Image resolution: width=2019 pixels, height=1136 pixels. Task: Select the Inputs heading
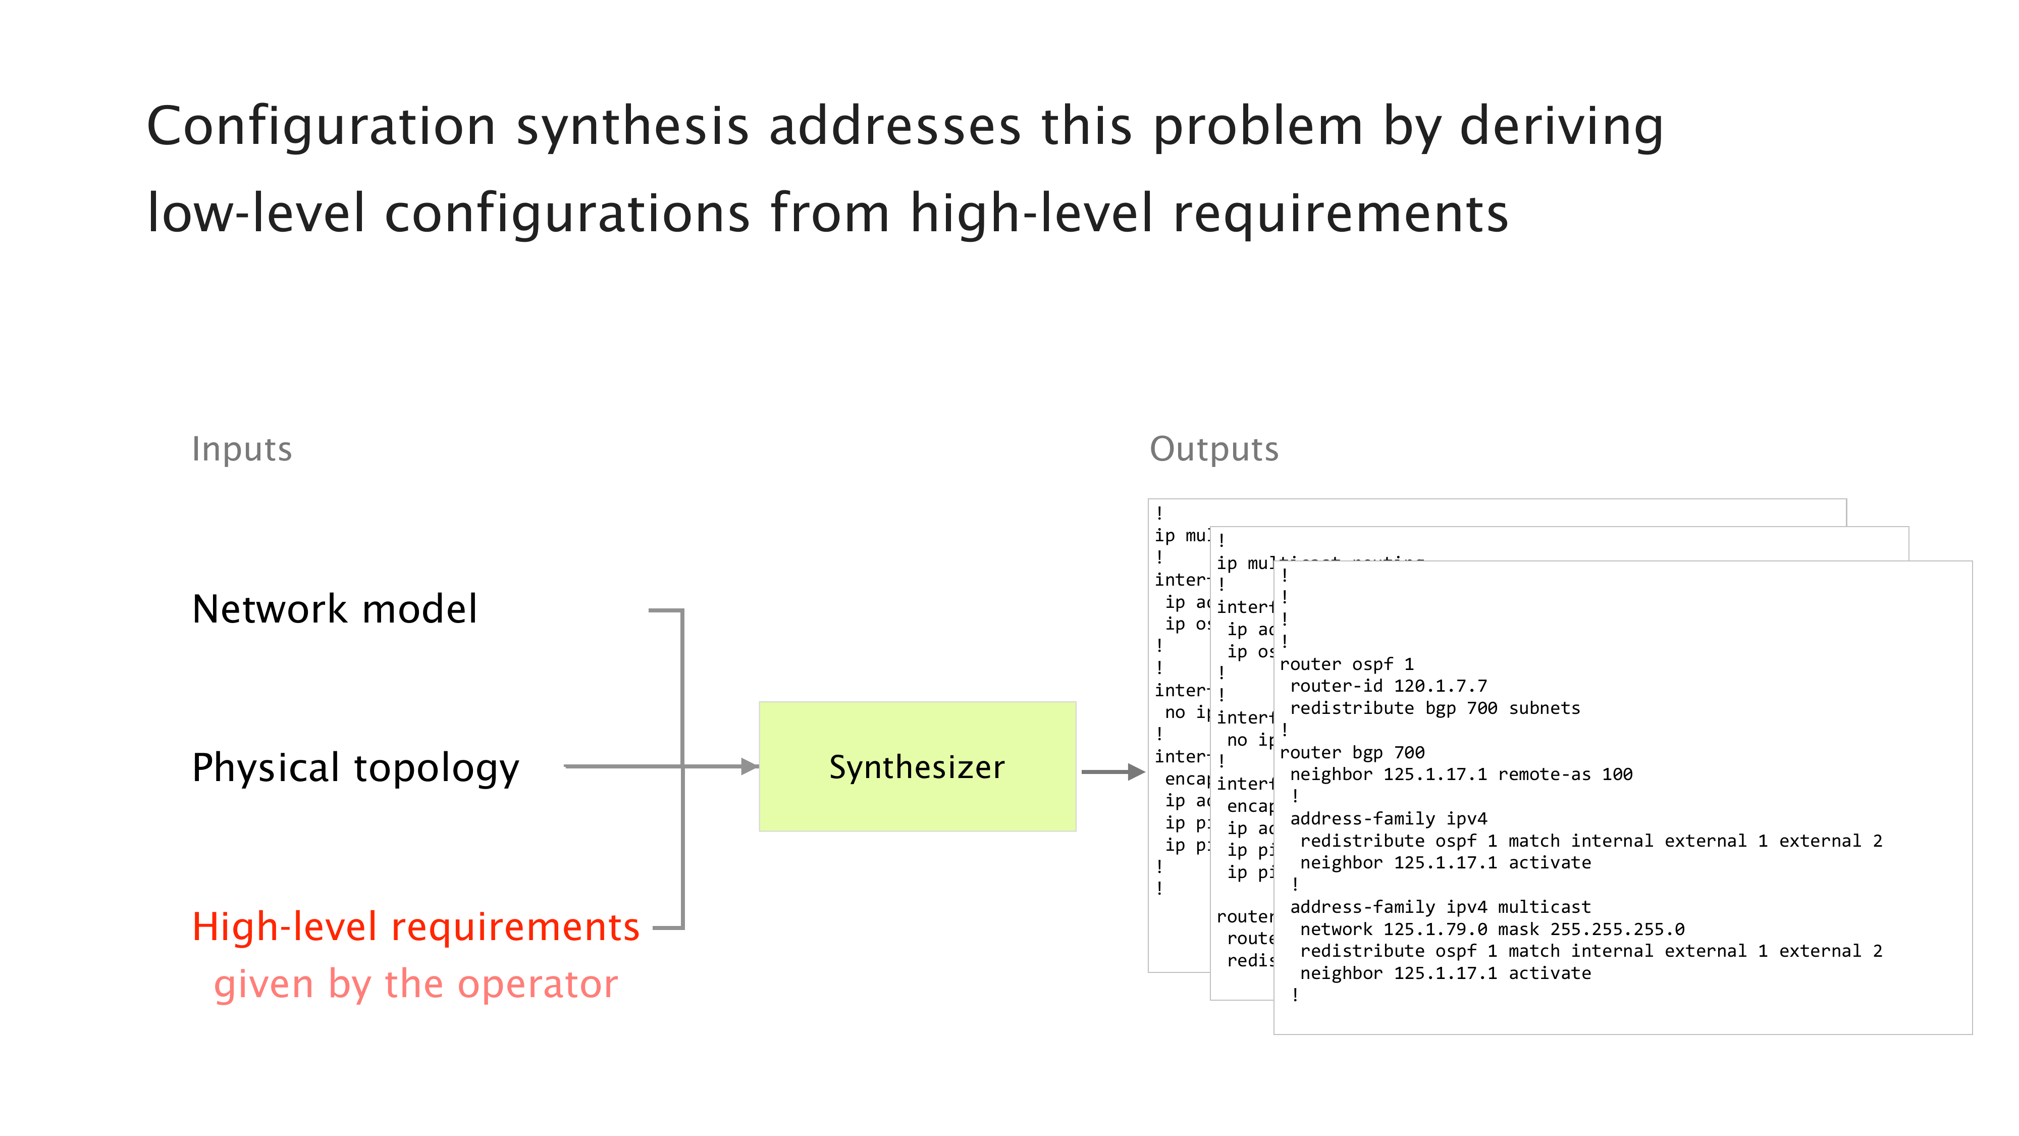click(x=241, y=449)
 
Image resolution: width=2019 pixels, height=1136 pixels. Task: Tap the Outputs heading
click(x=1213, y=449)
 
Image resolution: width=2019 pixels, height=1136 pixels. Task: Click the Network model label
click(x=335, y=609)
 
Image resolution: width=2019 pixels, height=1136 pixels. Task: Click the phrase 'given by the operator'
click(x=415, y=984)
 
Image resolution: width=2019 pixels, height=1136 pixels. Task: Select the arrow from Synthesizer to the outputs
click(x=1113, y=772)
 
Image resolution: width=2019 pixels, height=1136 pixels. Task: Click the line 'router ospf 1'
click(x=1347, y=664)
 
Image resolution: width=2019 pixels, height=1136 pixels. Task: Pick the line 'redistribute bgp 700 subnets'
click(x=1434, y=708)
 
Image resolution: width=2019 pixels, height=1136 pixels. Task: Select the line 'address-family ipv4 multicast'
click(x=1440, y=907)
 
